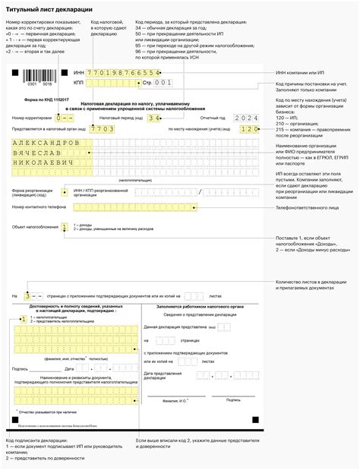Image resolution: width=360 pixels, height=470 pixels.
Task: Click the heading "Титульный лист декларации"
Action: point(49,8)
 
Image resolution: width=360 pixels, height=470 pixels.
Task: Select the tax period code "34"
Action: point(154,119)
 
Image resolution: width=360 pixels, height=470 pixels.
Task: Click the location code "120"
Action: point(249,130)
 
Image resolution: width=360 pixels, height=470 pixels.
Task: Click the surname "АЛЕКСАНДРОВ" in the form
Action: point(45,142)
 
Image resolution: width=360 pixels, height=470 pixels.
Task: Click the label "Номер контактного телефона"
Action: point(38,207)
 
